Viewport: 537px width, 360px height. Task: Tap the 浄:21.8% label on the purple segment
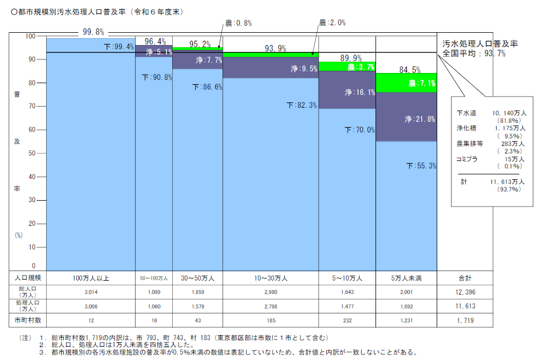click(x=420, y=119)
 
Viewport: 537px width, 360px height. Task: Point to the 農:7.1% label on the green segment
click(x=422, y=83)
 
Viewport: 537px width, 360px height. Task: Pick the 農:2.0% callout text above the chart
click(x=332, y=23)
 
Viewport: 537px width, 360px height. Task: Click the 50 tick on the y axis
click(x=31, y=153)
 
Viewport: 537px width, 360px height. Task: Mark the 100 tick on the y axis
click(x=30, y=36)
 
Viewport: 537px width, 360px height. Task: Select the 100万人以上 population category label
click(x=91, y=278)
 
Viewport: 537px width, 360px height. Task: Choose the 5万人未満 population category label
click(x=406, y=278)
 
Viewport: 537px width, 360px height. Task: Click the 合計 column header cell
click(x=464, y=278)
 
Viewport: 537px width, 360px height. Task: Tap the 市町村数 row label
click(x=27, y=320)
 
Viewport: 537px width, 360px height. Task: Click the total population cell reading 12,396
click(x=464, y=292)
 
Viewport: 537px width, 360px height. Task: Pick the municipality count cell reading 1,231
click(x=406, y=320)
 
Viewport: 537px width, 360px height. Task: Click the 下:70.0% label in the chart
click(x=360, y=130)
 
